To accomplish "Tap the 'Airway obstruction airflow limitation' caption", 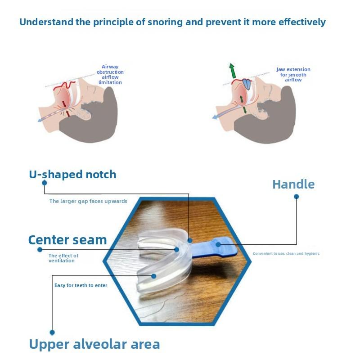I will (110, 75).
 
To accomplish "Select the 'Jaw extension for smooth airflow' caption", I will (293, 75).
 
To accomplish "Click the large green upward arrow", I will (232, 71).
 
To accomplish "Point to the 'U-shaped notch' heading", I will (72, 175).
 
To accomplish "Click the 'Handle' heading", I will (293, 184).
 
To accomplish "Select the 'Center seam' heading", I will (67, 240).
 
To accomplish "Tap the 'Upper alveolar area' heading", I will (94, 344).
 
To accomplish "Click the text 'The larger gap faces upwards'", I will (88, 201).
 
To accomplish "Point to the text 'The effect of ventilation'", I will (63, 258).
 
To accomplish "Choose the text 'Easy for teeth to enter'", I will (81, 285).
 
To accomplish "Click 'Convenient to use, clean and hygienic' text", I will (286, 253).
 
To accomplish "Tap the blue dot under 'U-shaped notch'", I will (44, 183).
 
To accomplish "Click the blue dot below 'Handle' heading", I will (296, 197).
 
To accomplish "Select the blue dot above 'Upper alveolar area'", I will (52, 333).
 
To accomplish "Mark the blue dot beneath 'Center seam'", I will (40, 249).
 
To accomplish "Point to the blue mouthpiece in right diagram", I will (247, 84).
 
